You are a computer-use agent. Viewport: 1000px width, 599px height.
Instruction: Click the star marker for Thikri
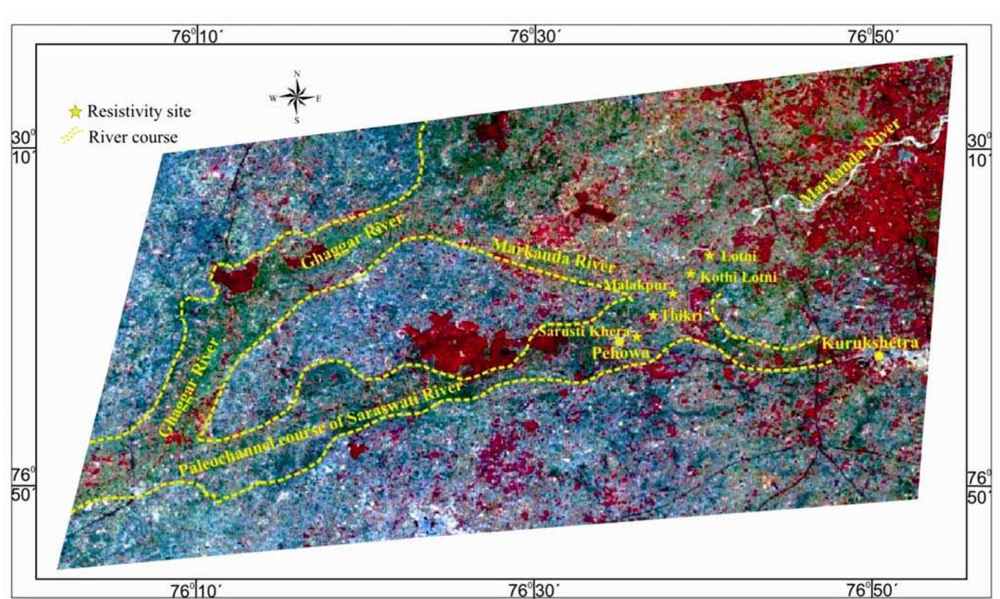pyautogui.click(x=653, y=316)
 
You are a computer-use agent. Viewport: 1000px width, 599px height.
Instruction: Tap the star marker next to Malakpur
pyautogui.click(x=673, y=293)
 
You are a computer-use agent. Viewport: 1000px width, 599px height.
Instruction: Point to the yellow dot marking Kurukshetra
pyautogui.click(x=879, y=356)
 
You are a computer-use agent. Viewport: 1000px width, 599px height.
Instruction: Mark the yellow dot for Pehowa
pyautogui.click(x=619, y=342)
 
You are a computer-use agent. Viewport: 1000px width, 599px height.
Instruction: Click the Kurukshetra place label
pyautogui.click(x=870, y=343)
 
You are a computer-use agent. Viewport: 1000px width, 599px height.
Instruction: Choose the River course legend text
pyautogui.click(x=133, y=137)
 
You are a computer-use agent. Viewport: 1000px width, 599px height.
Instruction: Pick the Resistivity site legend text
pyautogui.click(x=139, y=112)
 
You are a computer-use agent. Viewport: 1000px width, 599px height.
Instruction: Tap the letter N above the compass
pyautogui.click(x=297, y=74)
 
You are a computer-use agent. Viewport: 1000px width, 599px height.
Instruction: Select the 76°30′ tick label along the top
pyautogui.click(x=536, y=36)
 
